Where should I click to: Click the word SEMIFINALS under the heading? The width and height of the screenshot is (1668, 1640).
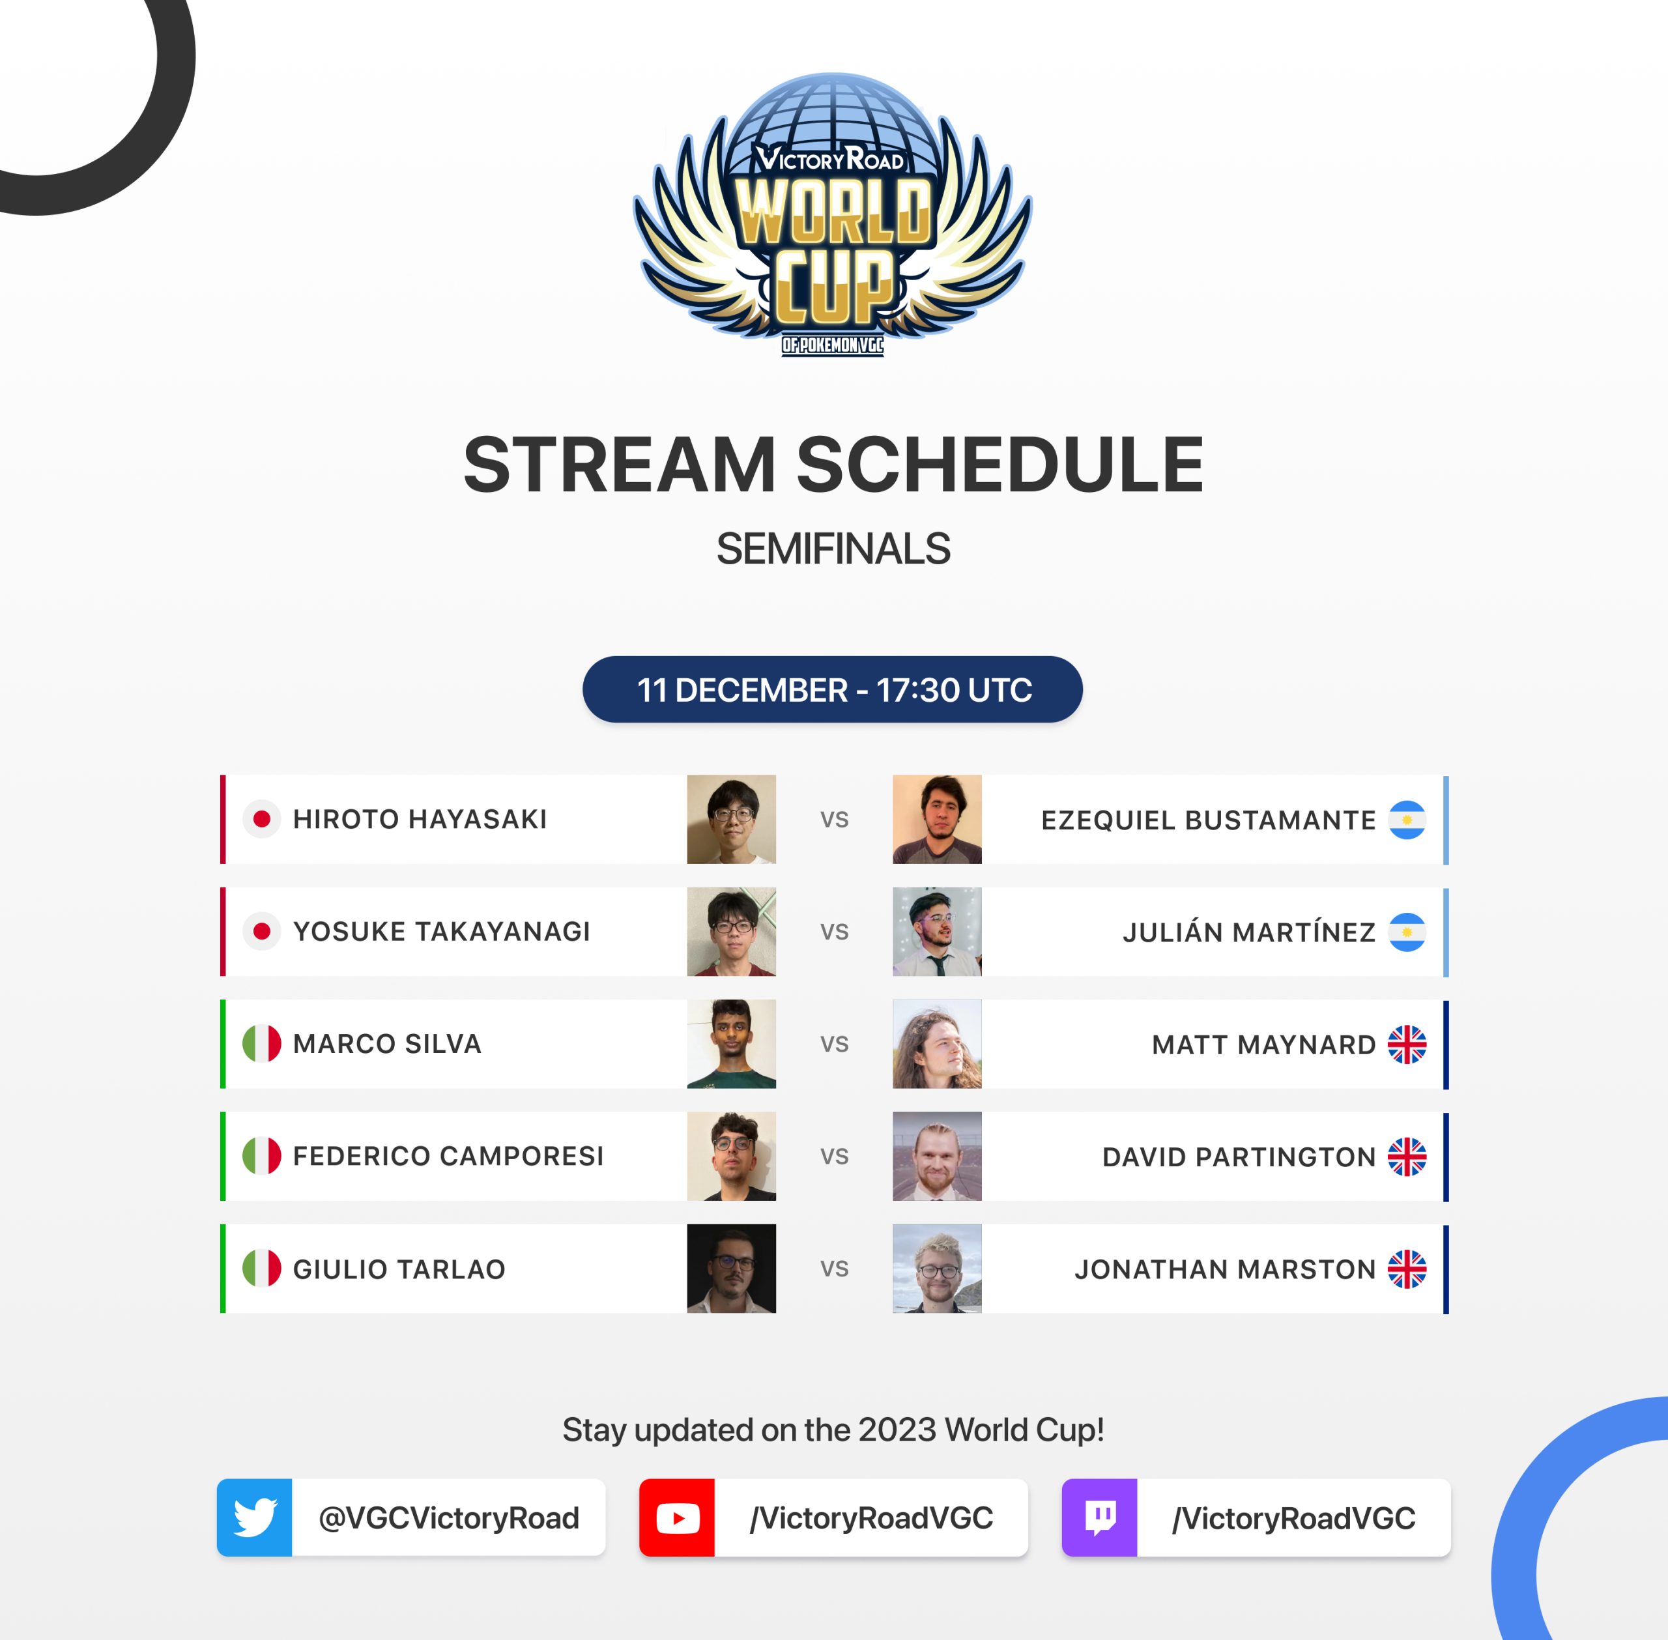[x=833, y=549]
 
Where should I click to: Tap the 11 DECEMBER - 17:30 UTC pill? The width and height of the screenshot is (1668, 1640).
[x=833, y=689]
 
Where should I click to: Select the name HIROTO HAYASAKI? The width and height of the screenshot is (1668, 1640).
[x=420, y=819]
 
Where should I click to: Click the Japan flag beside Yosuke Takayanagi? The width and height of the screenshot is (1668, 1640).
[x=262, y=931]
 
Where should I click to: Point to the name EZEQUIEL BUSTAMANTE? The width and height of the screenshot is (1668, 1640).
[x=1208, y=820]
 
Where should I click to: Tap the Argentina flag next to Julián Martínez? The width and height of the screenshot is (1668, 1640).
[x=1407, y=932]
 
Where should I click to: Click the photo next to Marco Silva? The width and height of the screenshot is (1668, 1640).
[x=731, y=1044]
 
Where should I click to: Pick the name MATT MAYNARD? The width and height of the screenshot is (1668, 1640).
[x=1263, y=1045]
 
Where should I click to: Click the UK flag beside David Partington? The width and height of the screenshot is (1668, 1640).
[x=1407, y=1157]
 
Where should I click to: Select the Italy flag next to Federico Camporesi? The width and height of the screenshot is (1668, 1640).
[x=262, y=1156]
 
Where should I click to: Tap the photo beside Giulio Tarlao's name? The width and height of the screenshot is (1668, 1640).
[x=731, y=1269]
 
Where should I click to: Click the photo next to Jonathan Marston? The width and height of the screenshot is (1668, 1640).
[x=937, y=1269]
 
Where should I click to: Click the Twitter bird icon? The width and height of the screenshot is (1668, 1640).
[x=255, y=1518]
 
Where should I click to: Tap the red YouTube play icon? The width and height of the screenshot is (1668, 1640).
[x=678, y=1518]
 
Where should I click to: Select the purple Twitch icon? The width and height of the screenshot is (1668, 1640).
[x=1100, y=1518]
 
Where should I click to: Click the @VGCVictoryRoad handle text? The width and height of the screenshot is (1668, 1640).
[x=449, y=1518]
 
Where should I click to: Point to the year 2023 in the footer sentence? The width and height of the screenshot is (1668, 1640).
[x=897, y=1430]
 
